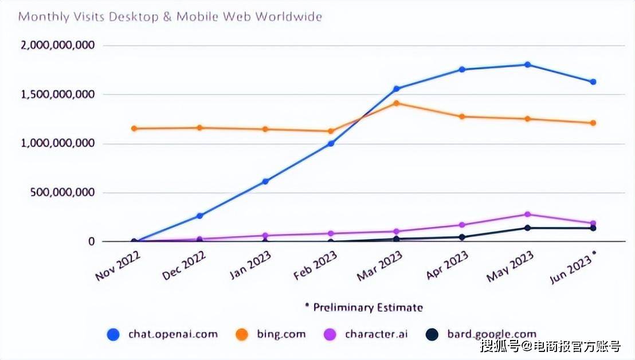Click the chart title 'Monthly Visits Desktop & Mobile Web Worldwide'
(x=170, y=16)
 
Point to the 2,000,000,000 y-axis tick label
(x=57, y=45)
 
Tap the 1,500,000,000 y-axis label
(x=57, y=94)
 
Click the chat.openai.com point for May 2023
(x=527, y=65)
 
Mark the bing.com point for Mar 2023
(x=396, y=103)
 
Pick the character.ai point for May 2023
(x=527, y=214)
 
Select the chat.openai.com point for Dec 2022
(x=199, y=216)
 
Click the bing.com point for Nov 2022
(x=134, y=128)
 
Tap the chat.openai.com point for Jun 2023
(x=593, y=82)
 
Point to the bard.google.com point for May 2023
(x=527, y=228)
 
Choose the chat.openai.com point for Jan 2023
(x=265, y=181)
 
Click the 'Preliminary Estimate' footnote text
(x=367, y=308)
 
